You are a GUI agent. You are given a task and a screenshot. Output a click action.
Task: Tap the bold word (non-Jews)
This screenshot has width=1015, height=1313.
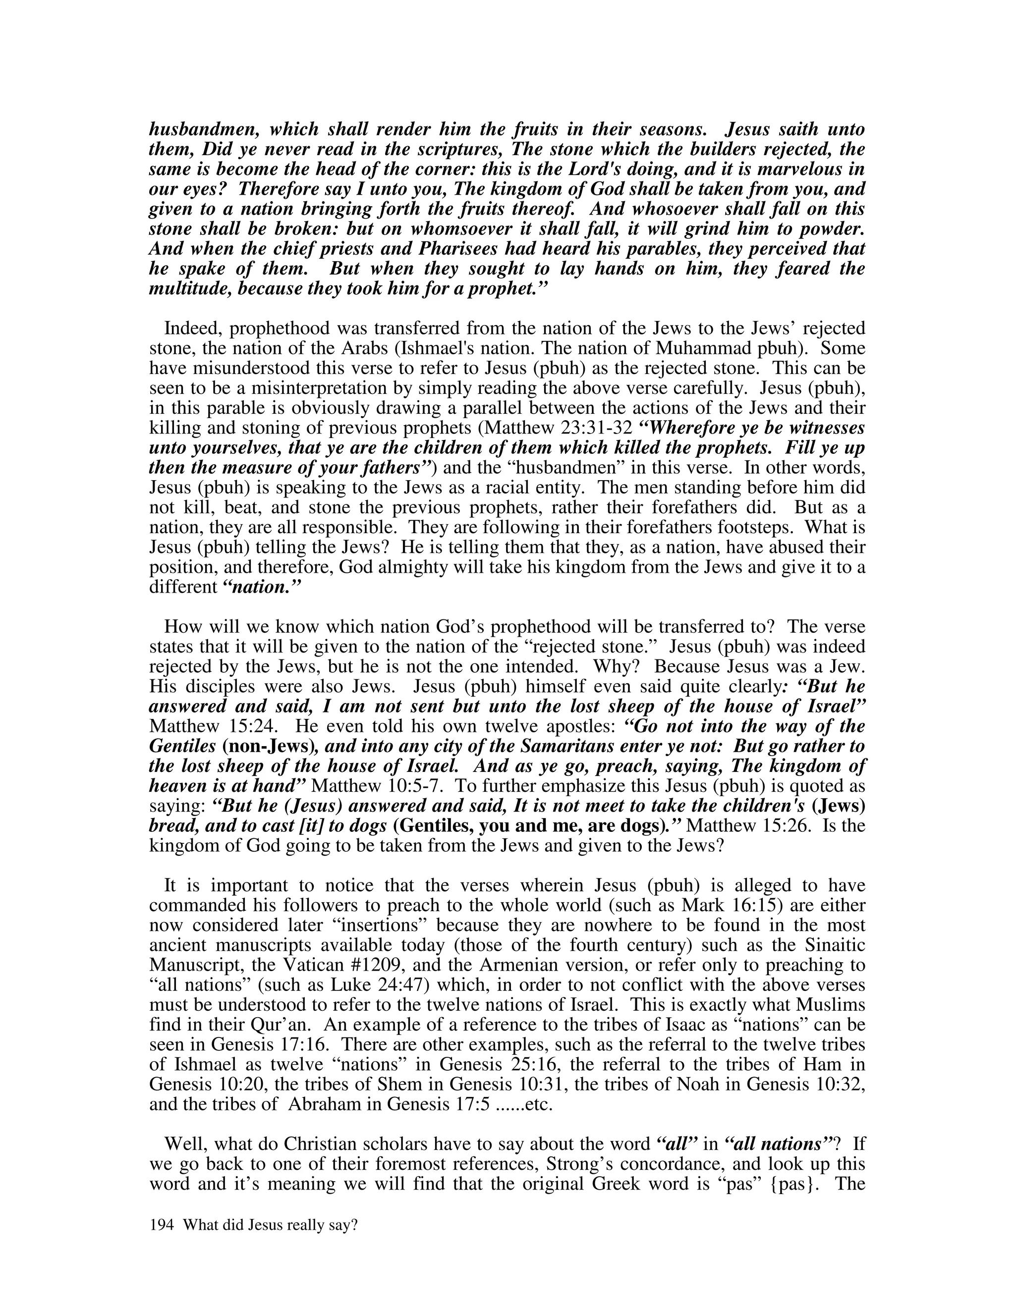[x=270, y=746]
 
